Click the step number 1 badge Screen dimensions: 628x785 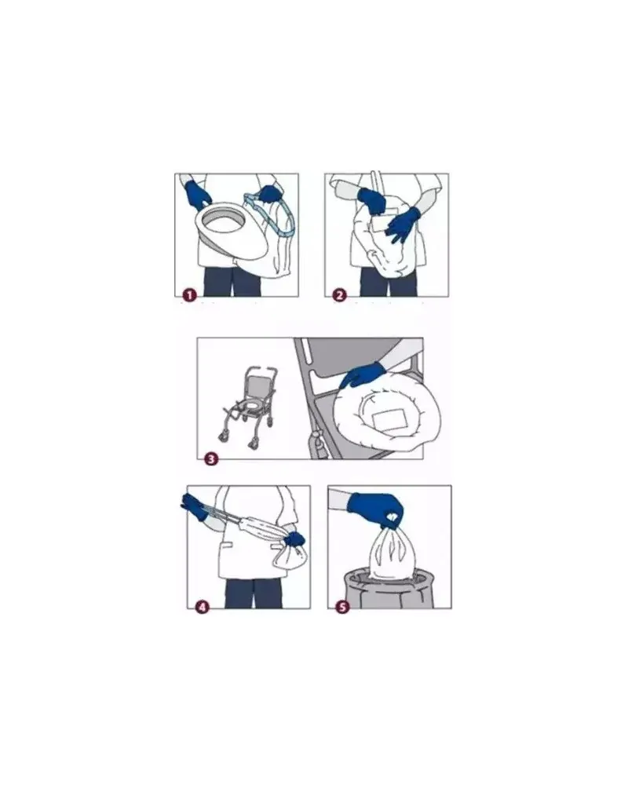189,295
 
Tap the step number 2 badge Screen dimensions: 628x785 340,295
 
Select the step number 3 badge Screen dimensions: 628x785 212,458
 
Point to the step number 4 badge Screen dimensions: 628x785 202,608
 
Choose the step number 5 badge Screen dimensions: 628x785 342,608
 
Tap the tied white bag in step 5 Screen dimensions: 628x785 392,554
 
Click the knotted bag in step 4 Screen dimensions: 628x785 290,557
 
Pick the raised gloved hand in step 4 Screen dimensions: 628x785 194,506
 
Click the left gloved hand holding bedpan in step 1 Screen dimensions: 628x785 197,195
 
